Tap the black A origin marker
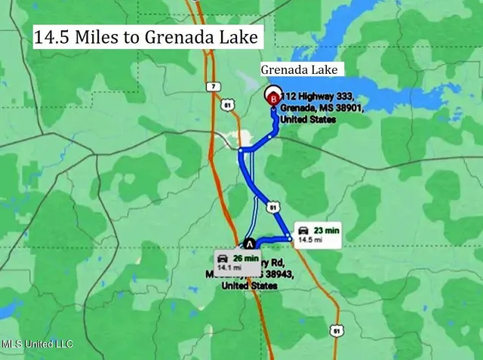249,243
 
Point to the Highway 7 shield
214,87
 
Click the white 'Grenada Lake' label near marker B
302,69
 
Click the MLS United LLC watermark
37,344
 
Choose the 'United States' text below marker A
250,286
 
